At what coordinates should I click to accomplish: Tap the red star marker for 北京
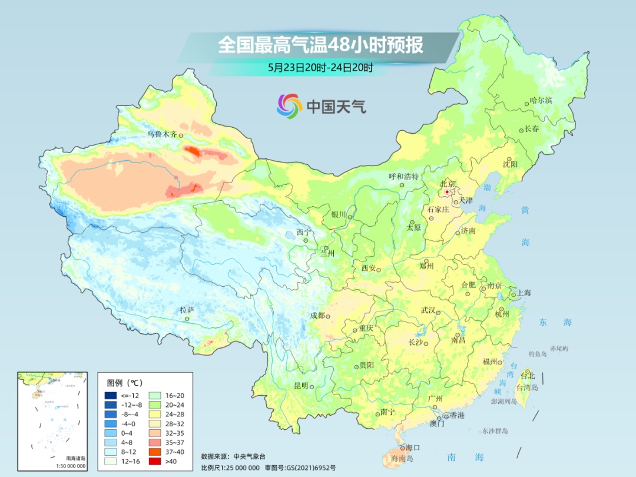pyautogui.click(x=448, y=192)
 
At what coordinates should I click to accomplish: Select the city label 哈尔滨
pyautogui.click(x=541, y=100)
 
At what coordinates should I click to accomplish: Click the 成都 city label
pyautogui.click(x=317, y=316)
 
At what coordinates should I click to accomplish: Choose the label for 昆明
pyautogui.click(x=301, y=385)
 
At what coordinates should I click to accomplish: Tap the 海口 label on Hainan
pyautogui.click(x=413, y=448)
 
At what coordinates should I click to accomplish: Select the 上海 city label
pyautogui.click(x=524, y=293)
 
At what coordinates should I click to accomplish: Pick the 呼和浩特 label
pyautogui.click(x=403, y=176)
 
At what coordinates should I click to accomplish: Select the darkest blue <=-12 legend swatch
pyautogui.click(x=111, y=396)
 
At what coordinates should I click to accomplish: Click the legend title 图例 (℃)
pyautogui.click(x=124, y=382)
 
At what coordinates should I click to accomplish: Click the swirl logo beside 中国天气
pyautogui.click(x=289, y=106)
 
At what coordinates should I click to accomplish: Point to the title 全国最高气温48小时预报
pyautogui.click(x=321, y=45)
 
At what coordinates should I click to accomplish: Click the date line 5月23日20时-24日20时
pyautogui.click(x=320, y=67)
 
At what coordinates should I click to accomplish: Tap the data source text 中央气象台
pyautogui.click(x=250, y=456)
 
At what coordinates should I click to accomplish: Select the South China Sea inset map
pyautogui.click(x=52, y=420)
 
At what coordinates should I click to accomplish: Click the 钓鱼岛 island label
pyautogui.click(x=538, y=354)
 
